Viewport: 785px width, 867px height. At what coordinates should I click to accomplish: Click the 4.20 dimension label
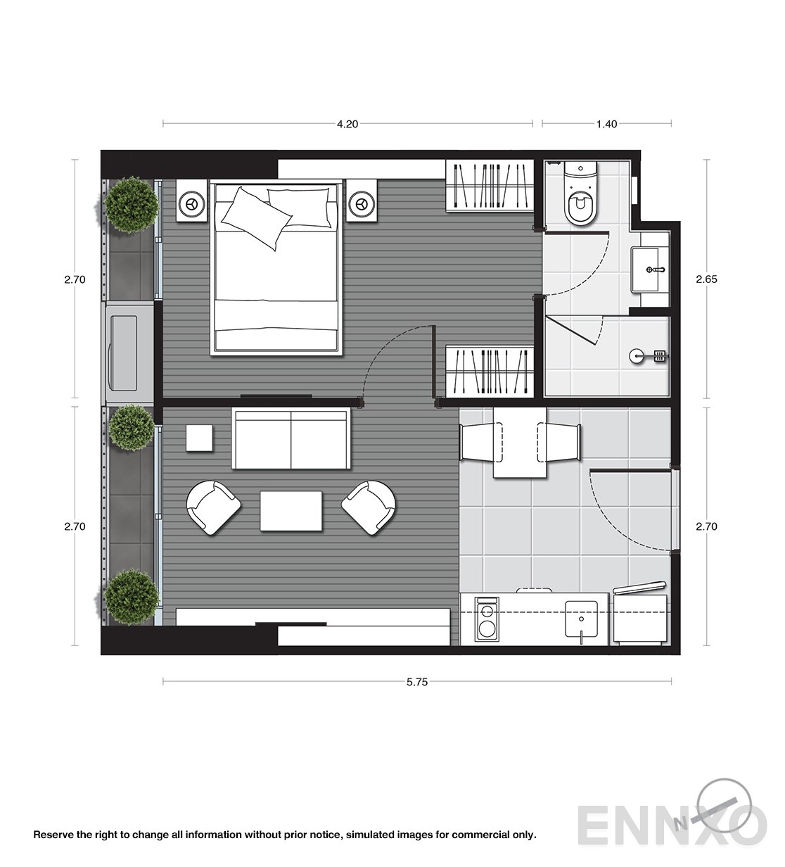coord(347,124)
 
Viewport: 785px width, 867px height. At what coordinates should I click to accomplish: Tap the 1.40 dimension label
coord(606,124)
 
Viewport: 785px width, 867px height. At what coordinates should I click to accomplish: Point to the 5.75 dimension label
coord(417,682)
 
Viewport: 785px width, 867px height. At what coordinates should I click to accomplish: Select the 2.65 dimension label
coord(706,279)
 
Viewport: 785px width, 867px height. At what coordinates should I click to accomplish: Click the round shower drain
coord(637,356)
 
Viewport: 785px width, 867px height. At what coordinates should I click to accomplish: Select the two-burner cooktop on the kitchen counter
coord(487,619)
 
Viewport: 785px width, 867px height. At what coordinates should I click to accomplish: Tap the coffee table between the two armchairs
coord(291,510)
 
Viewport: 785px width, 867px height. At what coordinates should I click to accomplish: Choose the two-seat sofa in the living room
coord(291,438)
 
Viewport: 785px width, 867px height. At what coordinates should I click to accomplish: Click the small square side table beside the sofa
coord(199,438)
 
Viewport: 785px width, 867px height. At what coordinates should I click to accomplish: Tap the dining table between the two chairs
coord(520,442)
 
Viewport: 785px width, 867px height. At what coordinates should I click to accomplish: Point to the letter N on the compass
coord(682,824)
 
